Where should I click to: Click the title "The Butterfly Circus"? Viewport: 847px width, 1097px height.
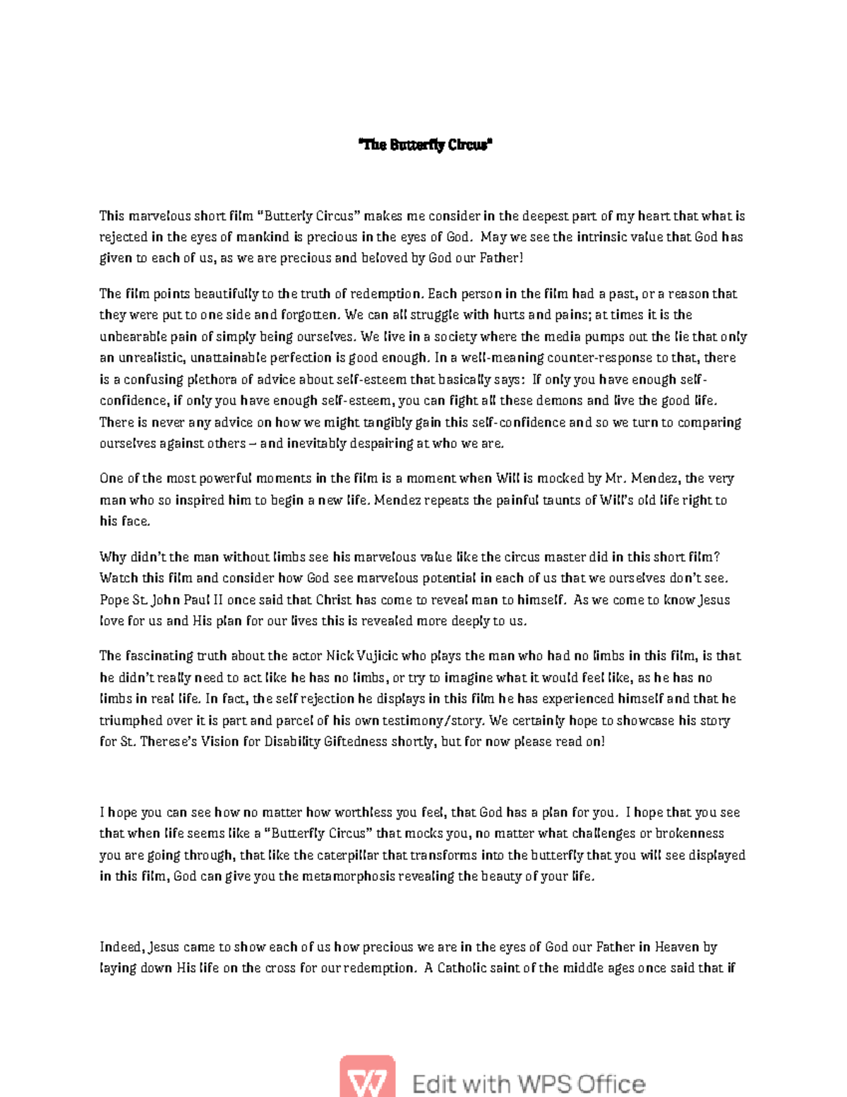(425, 146)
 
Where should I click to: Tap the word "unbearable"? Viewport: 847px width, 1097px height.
(133, 336)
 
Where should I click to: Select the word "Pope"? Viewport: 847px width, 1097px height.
(114, 600)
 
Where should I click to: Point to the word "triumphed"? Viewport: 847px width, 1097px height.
(131, 721)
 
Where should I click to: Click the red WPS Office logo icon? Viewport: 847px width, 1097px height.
(368, 1077)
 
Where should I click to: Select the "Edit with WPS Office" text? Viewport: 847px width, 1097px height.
(528, 1084)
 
